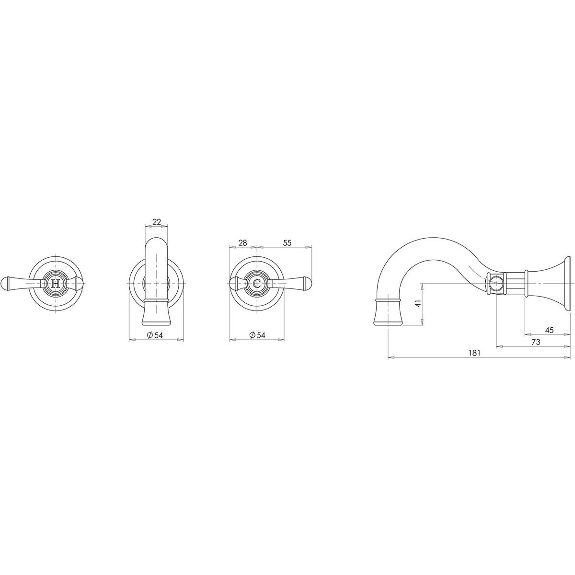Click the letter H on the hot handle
[x=56, y=283]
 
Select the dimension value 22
[x=157, y=222]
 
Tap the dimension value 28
[x=243, y=243]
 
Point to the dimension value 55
[x=287, y=243]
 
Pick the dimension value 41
[x=418, y=304]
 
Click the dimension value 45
[x=549, y=330]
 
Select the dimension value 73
[x=536, y=342]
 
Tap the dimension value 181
[x=474, y=353]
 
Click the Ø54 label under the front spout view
[x=155, y=335]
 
